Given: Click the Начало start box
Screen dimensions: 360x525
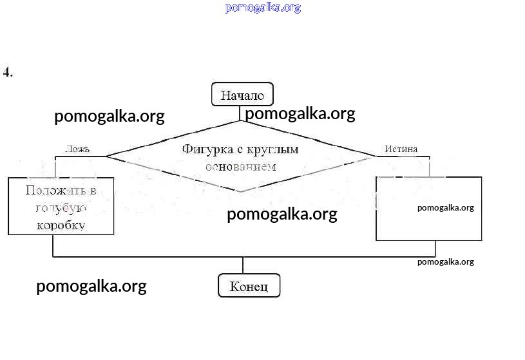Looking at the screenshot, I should pos(242,95).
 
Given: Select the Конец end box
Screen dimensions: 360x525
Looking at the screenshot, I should pos(249,286).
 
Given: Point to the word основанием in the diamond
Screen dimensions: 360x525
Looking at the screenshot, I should pos(240,166).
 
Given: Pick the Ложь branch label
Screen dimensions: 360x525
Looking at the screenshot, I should pos(77,149).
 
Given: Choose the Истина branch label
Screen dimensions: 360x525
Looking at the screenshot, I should pos(401,149).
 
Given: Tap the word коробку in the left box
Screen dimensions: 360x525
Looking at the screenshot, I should pos(61,225).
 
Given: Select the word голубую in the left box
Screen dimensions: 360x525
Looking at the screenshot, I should pos(60,208).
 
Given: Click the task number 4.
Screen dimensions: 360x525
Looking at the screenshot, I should pos(8,72).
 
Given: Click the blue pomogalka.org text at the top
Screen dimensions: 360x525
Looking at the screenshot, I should pos(263,8).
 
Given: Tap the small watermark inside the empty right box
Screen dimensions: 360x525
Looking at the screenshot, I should pos(445,207).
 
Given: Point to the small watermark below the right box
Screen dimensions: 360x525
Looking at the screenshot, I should pos(445,261).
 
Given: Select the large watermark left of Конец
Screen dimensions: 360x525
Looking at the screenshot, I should pos(91,286).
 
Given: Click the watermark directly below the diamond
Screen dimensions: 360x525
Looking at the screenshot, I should pos(282,214).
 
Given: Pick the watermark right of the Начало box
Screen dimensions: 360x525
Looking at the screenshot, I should pos(300,113).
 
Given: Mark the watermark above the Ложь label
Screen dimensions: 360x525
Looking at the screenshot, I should pos(110,116).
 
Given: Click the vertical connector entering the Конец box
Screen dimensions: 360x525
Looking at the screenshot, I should pos(243,265).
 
